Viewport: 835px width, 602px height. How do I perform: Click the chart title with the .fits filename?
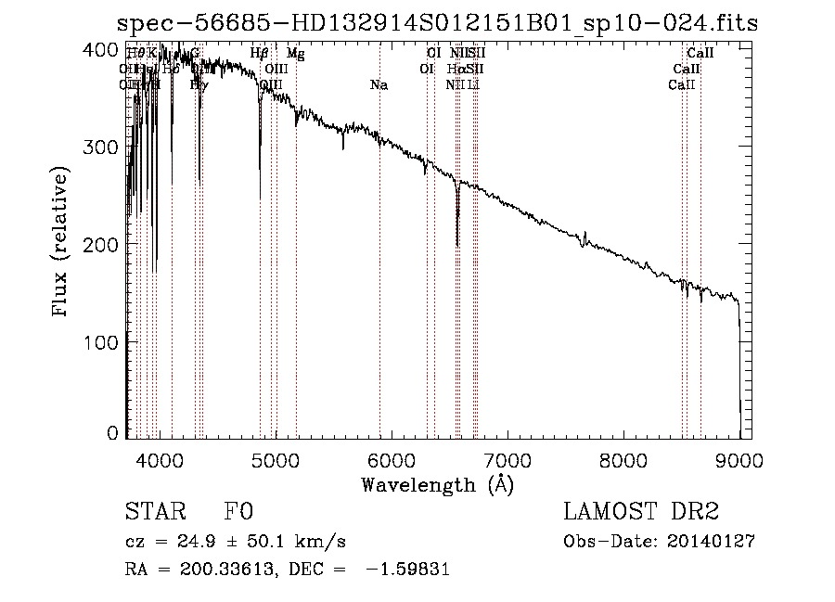pyautogui.click(x=440, y=23)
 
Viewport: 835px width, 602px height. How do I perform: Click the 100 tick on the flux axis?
pyautogui.click(x=106, y=342)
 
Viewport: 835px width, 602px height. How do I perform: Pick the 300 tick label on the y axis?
pyautogui.click(x=106, y=147)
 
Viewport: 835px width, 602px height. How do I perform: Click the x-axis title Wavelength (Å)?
pyautogui.click(x=437, y=484)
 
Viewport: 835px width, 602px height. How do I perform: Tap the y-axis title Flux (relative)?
pyautogui.click(x=62, y=243)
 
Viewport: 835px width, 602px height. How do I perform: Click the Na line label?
pyautogui.click(x=379, y=84)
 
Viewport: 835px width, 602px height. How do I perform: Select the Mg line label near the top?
pyautogui.click(x=295, y=54)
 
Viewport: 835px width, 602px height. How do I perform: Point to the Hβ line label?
pyautogui.click(x=260, y=54)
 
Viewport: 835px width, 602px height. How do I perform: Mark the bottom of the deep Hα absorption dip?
pyautogui.click(x=457, y=245)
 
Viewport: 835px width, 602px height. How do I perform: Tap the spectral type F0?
pyautogui.click(x=238, y=513)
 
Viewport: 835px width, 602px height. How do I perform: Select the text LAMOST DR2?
pyautogui.click(x=640, y=513)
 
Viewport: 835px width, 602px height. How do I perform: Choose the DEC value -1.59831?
pyautogui.click(x=408, y=570)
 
